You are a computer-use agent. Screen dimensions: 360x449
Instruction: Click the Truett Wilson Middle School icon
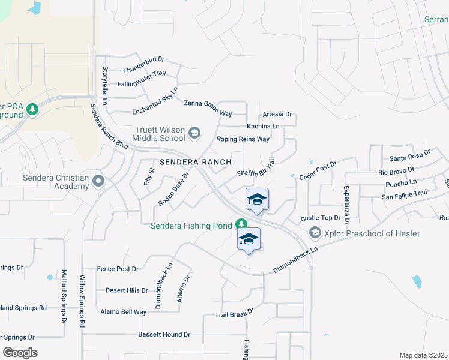194,133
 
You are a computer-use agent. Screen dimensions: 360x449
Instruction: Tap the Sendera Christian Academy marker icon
98,180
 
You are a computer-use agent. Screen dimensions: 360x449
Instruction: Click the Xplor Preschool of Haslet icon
314,232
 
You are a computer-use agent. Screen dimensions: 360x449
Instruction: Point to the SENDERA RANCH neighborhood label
187,162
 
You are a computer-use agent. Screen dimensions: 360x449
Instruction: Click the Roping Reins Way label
243,139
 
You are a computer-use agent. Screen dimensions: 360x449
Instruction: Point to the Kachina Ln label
263,127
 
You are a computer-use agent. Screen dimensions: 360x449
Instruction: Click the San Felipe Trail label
405,193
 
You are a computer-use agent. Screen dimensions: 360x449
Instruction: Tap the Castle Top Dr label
321,217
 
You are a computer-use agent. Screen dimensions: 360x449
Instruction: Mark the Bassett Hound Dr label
164,334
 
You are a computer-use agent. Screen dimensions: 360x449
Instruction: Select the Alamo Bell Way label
123,312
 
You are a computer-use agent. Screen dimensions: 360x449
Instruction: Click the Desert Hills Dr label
127,290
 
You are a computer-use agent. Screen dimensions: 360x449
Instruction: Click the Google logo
20,352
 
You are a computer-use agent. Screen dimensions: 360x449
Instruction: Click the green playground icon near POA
32,109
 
